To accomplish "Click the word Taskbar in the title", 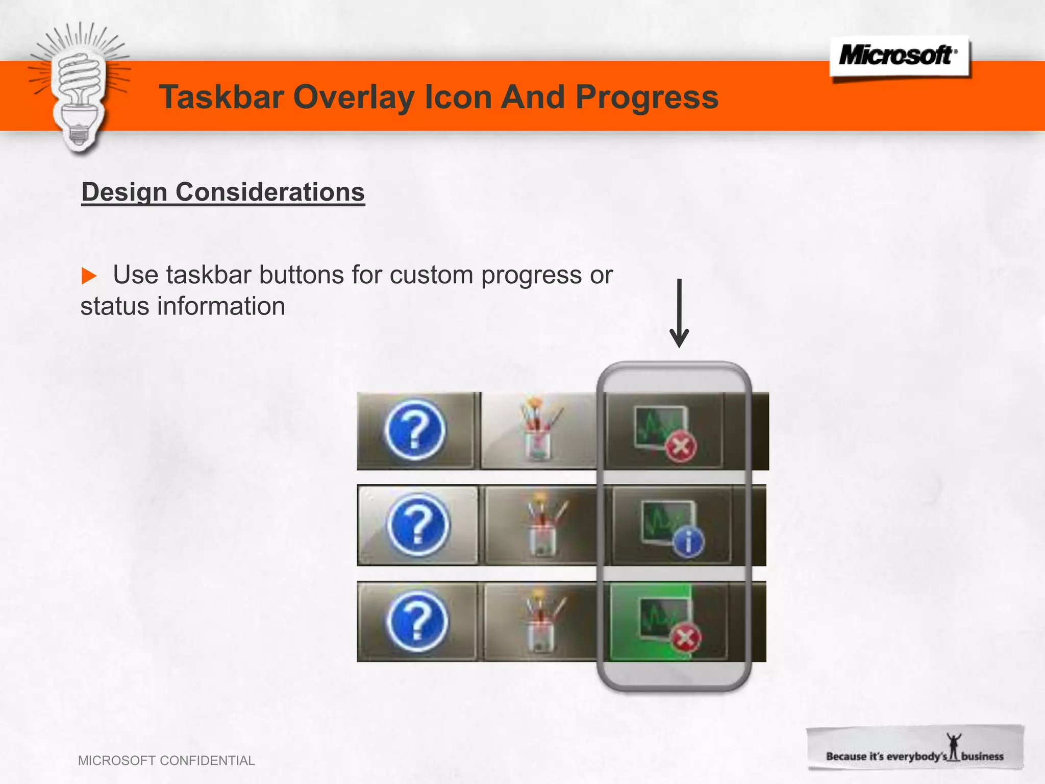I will (x=221, y=97).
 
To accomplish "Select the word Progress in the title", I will (x=646, y=97).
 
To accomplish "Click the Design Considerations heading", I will (x=223, y=192).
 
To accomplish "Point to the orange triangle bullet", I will (x=89, y=276).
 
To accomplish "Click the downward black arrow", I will (x=679, y=313).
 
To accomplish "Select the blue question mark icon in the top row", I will (x=414, y=430).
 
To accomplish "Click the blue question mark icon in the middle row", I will (x=417, y=525).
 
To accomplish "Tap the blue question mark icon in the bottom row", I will (x=417, y=621).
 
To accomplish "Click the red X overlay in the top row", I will (x=681, y=447).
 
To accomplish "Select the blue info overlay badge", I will (x=688, y=542).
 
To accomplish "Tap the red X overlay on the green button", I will (x=686, y=638).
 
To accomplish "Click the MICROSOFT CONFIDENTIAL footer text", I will (x=166, y=761).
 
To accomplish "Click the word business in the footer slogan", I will (x=982, y=756).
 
